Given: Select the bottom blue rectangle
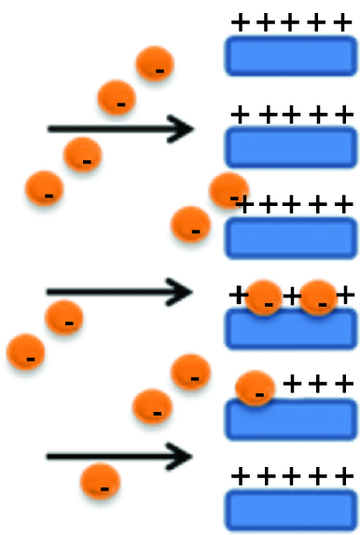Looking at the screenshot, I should click(291, 511).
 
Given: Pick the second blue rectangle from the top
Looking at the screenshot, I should click(291, 146).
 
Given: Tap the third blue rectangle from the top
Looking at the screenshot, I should click(291, 238).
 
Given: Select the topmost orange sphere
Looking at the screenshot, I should click(156, 64).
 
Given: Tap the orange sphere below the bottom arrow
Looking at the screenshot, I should click(100, 482).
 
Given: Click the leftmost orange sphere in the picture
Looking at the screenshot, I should click(25, 352).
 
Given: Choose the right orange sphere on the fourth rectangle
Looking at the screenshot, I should click(320, 297).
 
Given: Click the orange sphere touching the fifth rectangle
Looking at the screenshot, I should click(254, 388).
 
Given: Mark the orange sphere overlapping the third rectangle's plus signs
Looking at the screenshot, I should click(228, 190).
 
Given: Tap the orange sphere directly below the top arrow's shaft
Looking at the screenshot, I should click(82, 157).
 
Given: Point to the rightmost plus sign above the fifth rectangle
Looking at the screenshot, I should click(344, 383).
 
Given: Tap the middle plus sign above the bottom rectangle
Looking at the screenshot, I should click(293, 476).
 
